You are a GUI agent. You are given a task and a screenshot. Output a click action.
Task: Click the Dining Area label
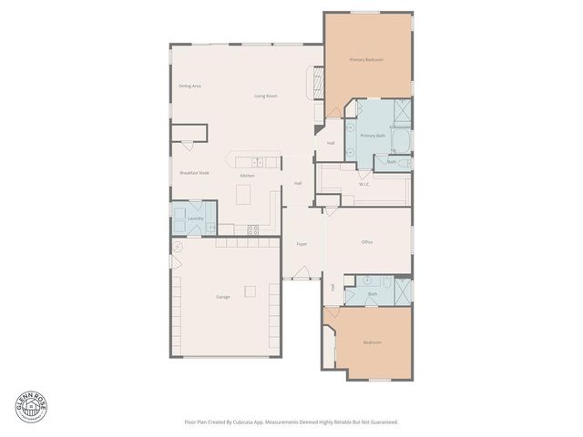(189, 86)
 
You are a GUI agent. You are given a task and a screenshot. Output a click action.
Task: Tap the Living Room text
(265, 96)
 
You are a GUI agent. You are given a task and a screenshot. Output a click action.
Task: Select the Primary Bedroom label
(366, 60)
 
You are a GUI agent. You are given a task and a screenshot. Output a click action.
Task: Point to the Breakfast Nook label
(194, 172)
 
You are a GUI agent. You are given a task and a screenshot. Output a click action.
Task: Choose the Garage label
(222, 297)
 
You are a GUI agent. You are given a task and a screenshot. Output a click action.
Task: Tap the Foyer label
(302, 244)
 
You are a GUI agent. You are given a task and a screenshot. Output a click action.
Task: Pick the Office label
(367, 242)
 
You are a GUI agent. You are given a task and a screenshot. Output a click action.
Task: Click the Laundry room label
(194, 218)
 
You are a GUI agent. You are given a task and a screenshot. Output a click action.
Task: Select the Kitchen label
(247, 176)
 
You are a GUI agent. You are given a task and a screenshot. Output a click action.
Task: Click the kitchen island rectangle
(243, 194)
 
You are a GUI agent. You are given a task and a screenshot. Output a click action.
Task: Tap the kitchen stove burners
(252, 229)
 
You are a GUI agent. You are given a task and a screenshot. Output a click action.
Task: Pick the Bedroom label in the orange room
(372, 342)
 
